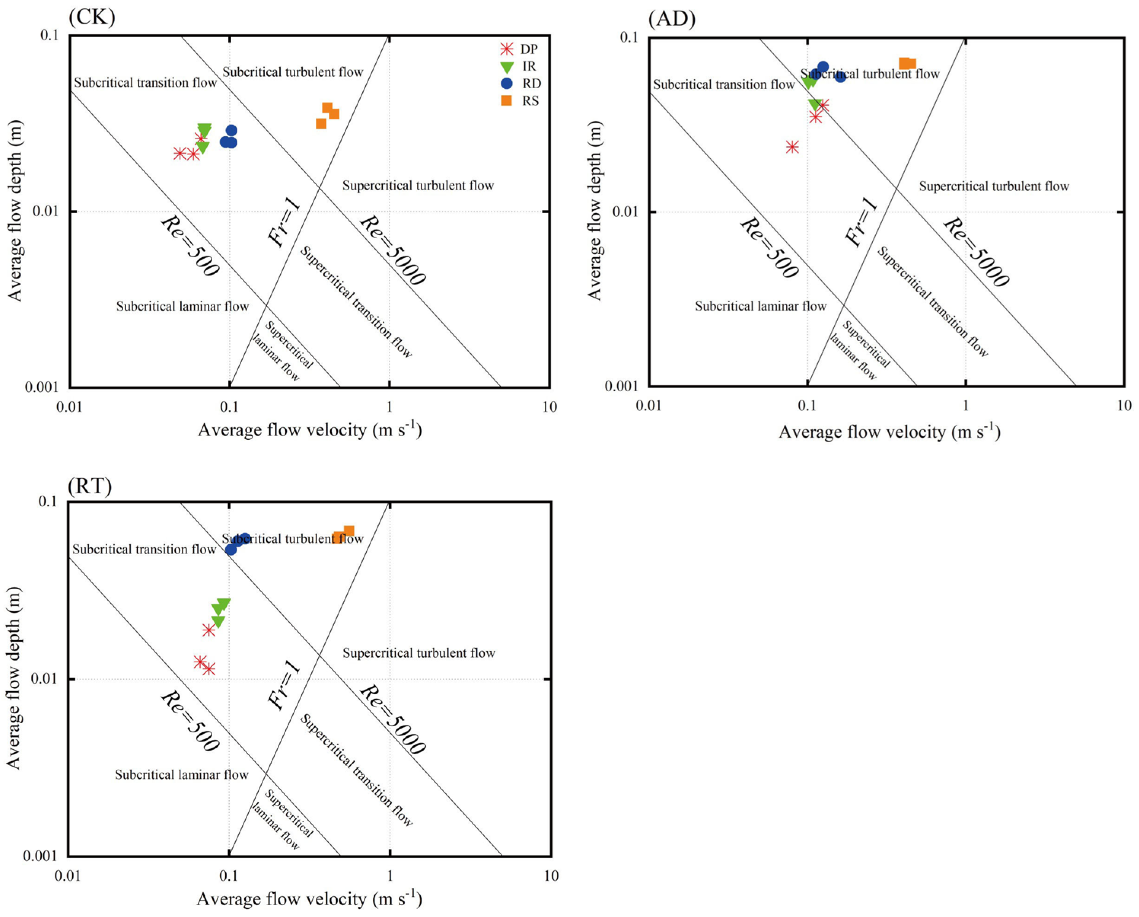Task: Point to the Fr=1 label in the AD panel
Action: pos(861,222)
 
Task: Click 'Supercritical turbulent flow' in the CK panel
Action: pos(418,185)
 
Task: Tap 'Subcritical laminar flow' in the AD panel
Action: pos(760,306)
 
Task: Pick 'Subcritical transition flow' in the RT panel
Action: pos(144,549)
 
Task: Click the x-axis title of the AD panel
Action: pos(889,432)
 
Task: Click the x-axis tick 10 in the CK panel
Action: pos(549,407)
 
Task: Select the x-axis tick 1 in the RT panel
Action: pos(390,876)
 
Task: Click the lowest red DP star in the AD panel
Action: pos(792,147)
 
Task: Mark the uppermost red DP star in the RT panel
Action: pos(209,630)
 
